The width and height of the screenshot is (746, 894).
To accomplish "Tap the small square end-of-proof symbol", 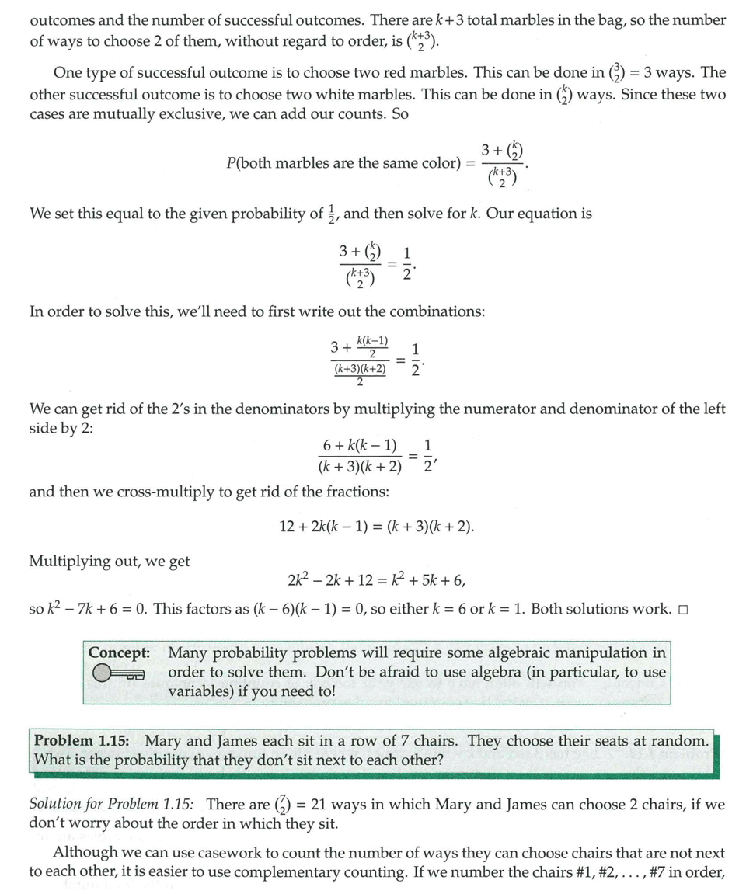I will tap(683, 609).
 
